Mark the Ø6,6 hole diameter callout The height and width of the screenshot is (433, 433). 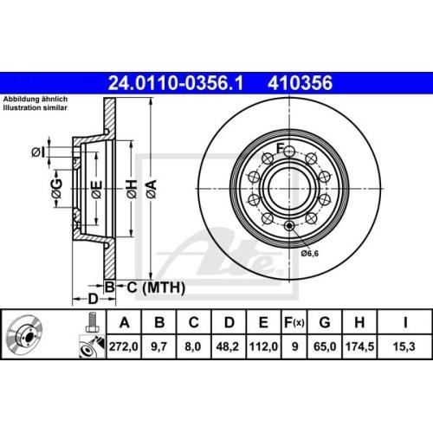[x=310, y=254]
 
